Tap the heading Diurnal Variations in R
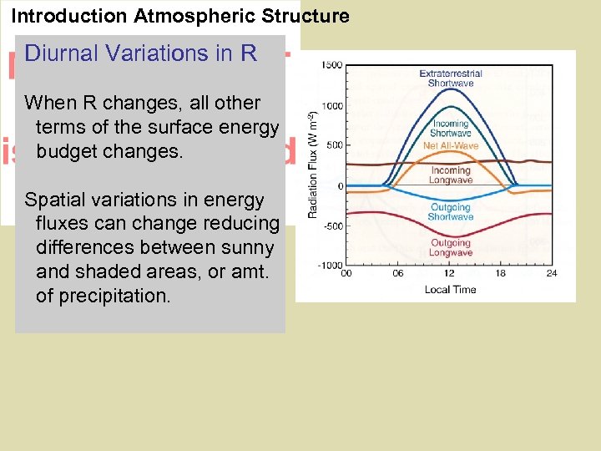(141, 53)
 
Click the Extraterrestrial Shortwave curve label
(451, 79)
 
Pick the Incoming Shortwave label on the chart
(451, 129)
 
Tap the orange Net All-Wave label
(451, 146)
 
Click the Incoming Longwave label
(451, 175)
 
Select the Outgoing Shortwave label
(451, 212)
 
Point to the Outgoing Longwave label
(451, 247)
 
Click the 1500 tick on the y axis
(331, 65)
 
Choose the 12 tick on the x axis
(451, 273)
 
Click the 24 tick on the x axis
(552, 273)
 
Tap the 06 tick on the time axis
(398, 273)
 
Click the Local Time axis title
(449, 289)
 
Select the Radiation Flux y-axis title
(312, 165)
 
